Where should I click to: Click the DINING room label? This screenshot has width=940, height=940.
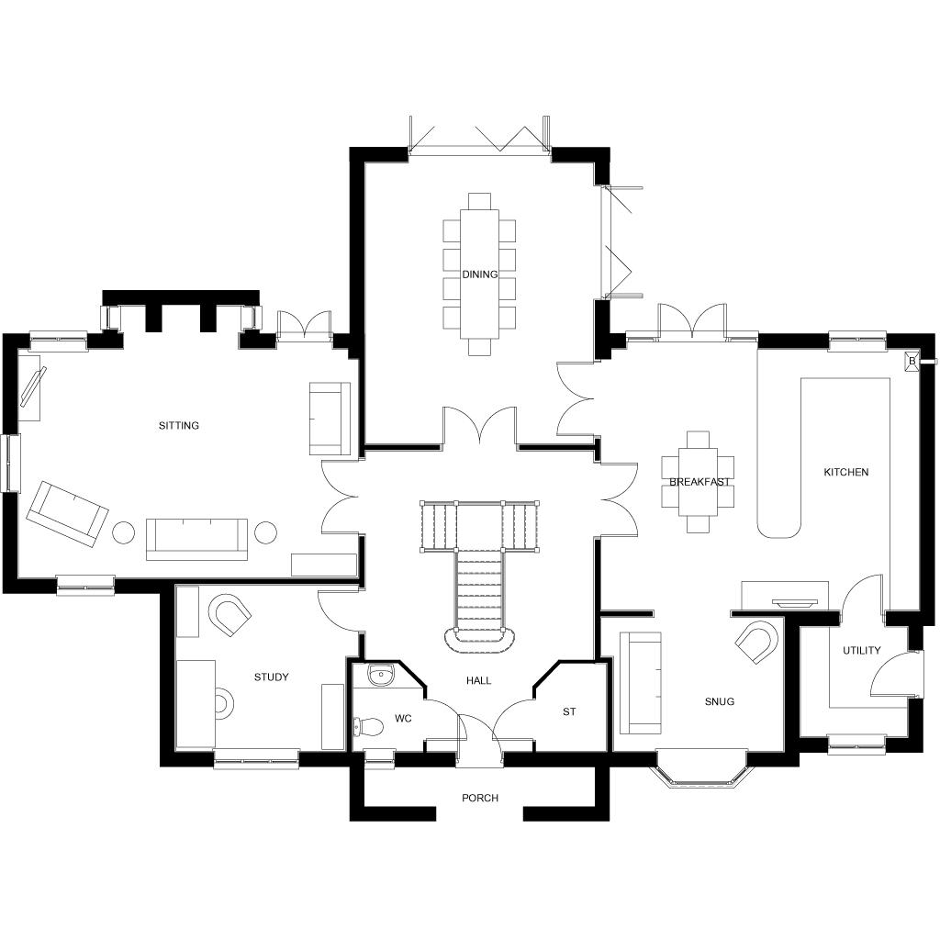tap(479, 274)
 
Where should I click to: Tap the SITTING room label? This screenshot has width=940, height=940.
tap(179, 426)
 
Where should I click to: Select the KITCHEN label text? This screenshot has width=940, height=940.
tap(845, 473)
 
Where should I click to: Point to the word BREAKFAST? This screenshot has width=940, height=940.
tap(699, 482)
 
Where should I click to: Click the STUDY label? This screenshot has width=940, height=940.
tap(272, 677)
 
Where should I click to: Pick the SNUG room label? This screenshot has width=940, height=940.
tap(720, 702)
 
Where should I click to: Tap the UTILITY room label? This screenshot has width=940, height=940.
tap(861, 651)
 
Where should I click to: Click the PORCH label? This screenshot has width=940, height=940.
tap(479, 799)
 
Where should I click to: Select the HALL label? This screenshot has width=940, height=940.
tap(478, 681)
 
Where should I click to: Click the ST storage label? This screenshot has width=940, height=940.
tap(569, 711)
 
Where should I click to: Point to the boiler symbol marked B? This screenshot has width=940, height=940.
tap(912, 362)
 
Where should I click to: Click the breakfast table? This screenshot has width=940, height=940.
tap(699, 482)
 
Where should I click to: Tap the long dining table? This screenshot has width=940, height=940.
tap(479, 274)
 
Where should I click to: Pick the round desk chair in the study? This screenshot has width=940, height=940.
tap(222, 702)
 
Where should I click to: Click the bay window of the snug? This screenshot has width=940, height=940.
tap(700, 774)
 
